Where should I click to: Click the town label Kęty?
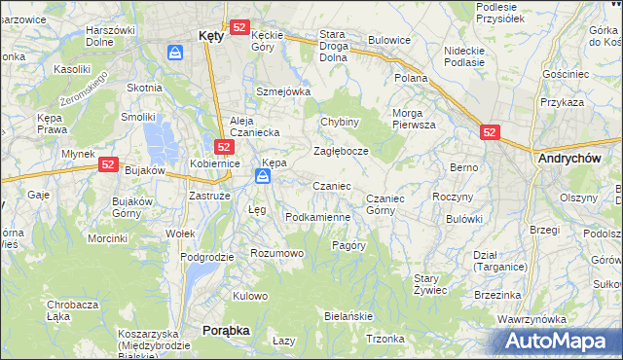click(x=211, y=34)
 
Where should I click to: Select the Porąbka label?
click(x=226, y=331)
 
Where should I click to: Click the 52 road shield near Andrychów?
click(x=490, y=130)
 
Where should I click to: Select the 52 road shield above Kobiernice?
click(x=224, y=147)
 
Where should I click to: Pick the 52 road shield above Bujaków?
click(x=108, y=165)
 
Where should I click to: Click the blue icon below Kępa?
click(x=263, y=176)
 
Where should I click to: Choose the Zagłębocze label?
click(x=340, y=152)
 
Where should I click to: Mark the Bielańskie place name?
click(x=348, y=317)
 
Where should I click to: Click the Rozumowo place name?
click(x=277, y=253)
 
